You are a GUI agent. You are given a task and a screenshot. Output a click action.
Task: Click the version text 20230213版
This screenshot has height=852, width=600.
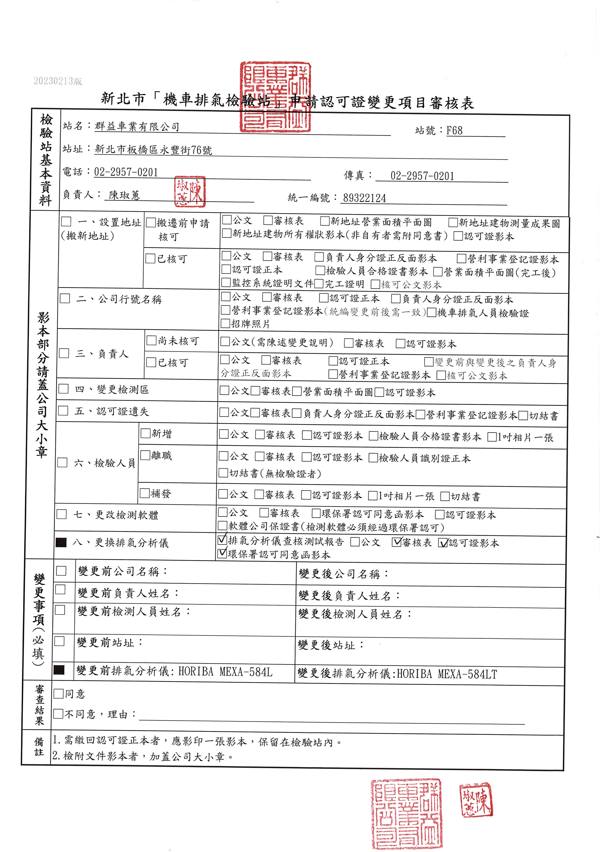(x=58, y=81)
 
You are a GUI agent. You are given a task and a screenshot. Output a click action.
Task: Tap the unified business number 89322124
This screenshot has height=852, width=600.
(x=364, y=198)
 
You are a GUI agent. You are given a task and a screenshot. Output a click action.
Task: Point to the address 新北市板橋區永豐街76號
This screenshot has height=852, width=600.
(x=153, y=150)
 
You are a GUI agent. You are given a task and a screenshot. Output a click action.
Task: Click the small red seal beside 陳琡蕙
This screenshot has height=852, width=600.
(x=190, y=191)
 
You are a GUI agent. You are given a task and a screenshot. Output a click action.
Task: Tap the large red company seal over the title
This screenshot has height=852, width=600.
(x=275, y=97)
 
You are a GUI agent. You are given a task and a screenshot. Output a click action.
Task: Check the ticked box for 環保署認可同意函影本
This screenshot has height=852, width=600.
(x=222, y=554)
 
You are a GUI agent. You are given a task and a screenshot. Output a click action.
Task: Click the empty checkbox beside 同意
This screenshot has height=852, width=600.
(x=59, y=694)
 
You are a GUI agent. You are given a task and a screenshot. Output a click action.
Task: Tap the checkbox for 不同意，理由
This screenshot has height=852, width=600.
(x=58, y=714)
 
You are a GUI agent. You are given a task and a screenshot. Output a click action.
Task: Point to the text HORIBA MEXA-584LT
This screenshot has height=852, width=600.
(x=447, y=674)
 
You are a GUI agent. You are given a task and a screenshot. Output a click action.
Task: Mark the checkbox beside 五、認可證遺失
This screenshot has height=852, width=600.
(x=63, y=411)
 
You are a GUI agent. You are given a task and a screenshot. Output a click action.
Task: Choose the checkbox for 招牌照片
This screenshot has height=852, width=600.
(x=225, y=324)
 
